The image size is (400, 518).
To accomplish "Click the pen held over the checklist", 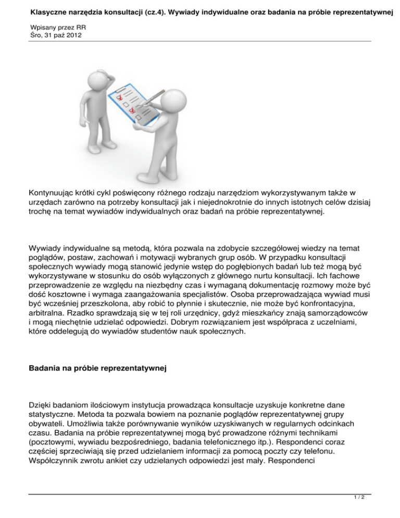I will [x=154, y=100].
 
